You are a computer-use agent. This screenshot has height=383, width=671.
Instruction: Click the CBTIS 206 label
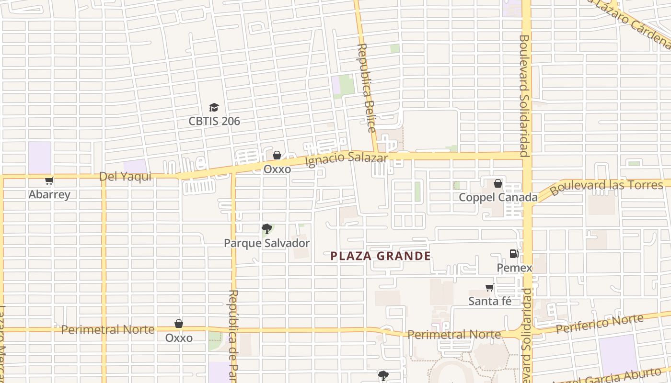214,121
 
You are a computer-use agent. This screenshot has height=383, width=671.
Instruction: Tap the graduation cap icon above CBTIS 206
214,108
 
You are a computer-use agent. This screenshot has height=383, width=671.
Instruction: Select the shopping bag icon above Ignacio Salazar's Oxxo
277,155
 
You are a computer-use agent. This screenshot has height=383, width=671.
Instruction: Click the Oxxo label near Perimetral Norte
179,338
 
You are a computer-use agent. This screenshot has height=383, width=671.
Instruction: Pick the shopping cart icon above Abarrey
49,180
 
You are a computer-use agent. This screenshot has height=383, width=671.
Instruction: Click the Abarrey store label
49,194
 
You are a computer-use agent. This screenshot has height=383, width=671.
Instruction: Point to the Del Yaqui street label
125,177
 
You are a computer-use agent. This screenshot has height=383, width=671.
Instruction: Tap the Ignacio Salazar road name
346,158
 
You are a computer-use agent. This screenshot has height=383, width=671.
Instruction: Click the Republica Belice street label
366,88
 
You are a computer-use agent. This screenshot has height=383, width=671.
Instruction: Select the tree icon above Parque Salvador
266,229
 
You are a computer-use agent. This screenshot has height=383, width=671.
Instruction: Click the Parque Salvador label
266,243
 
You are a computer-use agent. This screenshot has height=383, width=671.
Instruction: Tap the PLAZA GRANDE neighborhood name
381,256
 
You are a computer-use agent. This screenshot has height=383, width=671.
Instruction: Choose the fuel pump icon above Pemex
514,254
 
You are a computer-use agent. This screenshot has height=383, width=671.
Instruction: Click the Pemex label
514,268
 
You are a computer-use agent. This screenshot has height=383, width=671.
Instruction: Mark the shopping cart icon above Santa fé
489,287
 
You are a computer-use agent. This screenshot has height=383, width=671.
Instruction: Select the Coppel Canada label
498,197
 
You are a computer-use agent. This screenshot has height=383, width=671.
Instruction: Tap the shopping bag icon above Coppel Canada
498,183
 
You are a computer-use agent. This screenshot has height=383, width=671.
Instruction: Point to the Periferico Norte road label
600,325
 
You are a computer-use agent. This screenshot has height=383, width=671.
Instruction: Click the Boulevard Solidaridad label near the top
524,96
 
